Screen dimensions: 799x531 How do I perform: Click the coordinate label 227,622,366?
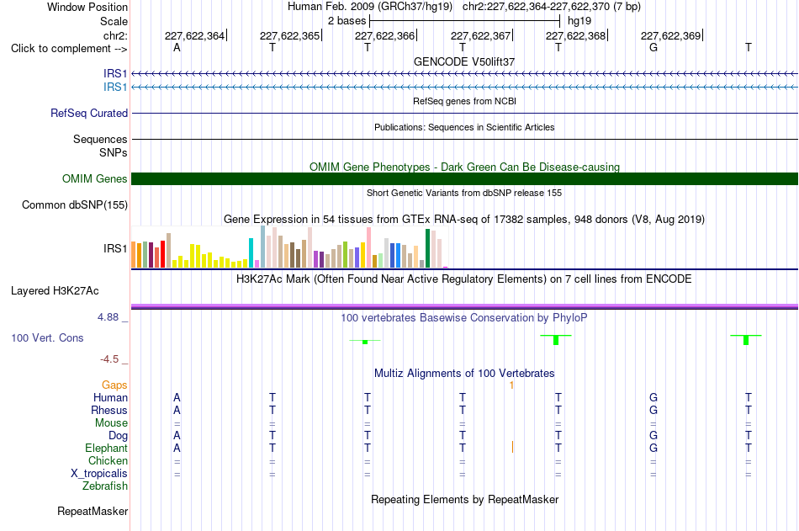[384, 35]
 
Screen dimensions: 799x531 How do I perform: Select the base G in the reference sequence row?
[653, 47]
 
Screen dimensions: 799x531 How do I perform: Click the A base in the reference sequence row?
[177, 47]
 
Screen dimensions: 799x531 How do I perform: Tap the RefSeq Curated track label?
[89, 114]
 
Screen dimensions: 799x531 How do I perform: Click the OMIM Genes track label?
[95, 178]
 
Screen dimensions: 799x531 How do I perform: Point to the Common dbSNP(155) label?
[75, 205]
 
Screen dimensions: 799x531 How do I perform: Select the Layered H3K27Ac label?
[55, 291]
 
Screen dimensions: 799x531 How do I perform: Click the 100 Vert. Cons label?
[47, 337]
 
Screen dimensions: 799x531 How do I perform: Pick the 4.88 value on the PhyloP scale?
[108, 317]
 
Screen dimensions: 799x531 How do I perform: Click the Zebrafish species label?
[105, 486]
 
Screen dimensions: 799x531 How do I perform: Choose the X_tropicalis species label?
[99, 474]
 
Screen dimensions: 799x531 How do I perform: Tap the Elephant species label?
[107, 449]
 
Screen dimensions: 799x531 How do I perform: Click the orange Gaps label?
[114, 385]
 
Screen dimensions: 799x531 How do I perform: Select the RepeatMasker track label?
[93, 511]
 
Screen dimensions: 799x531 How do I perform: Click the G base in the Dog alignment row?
[653, 436]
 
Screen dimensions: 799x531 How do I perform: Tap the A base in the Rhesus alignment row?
[177, 410]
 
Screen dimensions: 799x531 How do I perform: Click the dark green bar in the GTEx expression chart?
[427, 248]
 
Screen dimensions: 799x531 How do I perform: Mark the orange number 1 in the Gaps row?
[511, 385]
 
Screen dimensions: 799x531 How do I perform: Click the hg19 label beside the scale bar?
[579, 21]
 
